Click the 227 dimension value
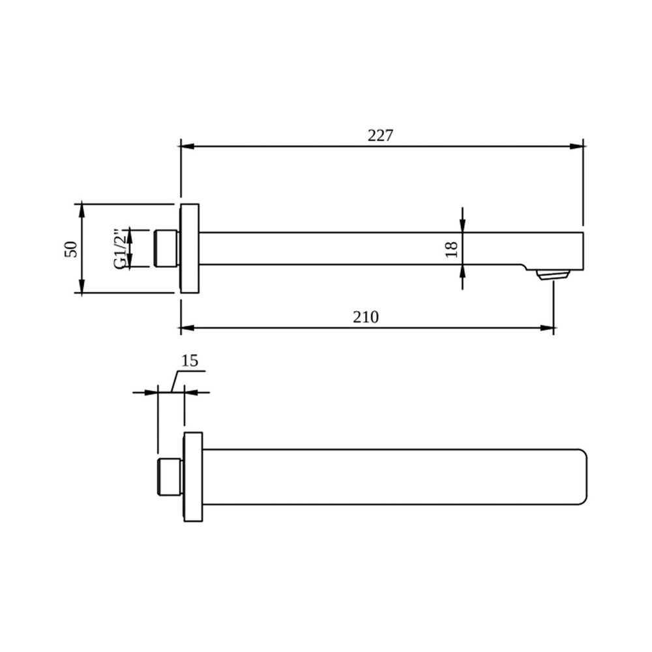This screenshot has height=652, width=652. coord(380,136)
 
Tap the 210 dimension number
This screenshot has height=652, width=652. coord(366,318)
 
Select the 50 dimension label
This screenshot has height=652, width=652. coord(71,249)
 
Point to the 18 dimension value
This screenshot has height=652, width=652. coord(452,249)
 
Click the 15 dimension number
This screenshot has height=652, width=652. coord(190,361)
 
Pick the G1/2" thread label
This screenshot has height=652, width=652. coord(119,248)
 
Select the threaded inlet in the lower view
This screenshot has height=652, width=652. coord(170,477)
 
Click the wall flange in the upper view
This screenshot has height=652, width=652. coord(189,248)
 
